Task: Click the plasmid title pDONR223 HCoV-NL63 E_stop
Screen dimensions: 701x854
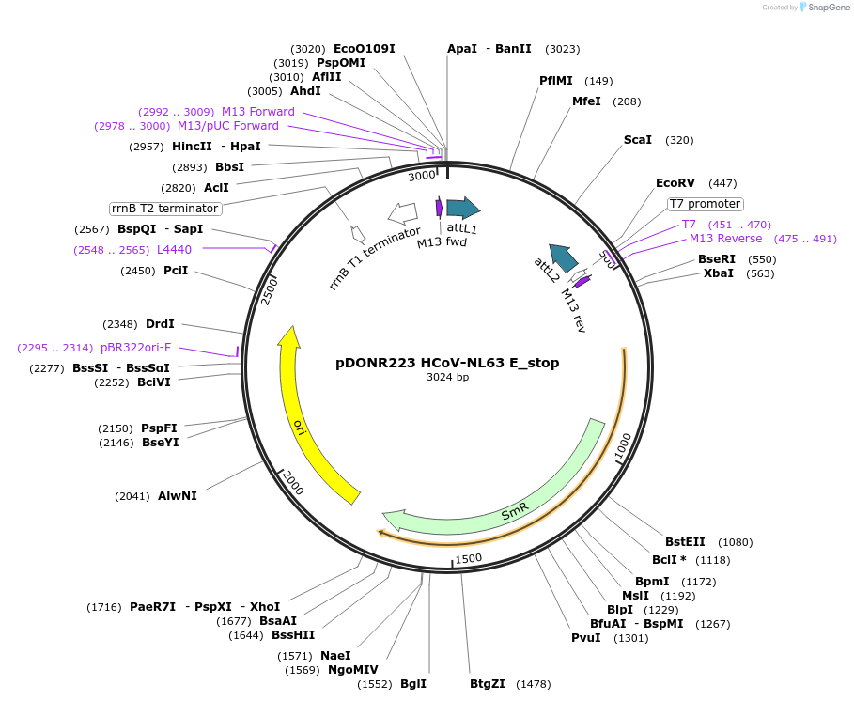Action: coord(447,363)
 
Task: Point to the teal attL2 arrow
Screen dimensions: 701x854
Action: coord(564,256)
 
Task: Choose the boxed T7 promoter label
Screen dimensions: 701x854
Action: coord(705,204)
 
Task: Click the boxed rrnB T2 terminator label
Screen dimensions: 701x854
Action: coord(165,209)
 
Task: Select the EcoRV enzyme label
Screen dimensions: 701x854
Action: coord(675,183)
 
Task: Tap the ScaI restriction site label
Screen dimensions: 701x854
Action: coord(638,140)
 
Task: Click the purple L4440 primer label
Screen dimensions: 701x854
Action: coord(174,249)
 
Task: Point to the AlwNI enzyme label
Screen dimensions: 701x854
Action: coord(178,495)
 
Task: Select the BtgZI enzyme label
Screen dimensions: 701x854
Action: coord(488,683)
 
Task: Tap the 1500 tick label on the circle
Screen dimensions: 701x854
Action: coord(468,557)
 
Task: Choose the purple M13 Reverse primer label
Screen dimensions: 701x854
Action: coord(726,239)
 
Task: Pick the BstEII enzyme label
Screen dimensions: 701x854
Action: coord(685,541)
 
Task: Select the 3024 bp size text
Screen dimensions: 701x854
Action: coord(447,378)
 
